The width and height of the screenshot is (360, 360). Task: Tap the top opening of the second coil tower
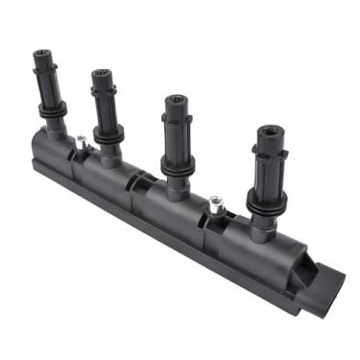tap(102, 72)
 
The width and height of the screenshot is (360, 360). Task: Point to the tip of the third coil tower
tap(176, 99)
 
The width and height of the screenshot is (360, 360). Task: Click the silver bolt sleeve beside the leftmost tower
tap(80, 144)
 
